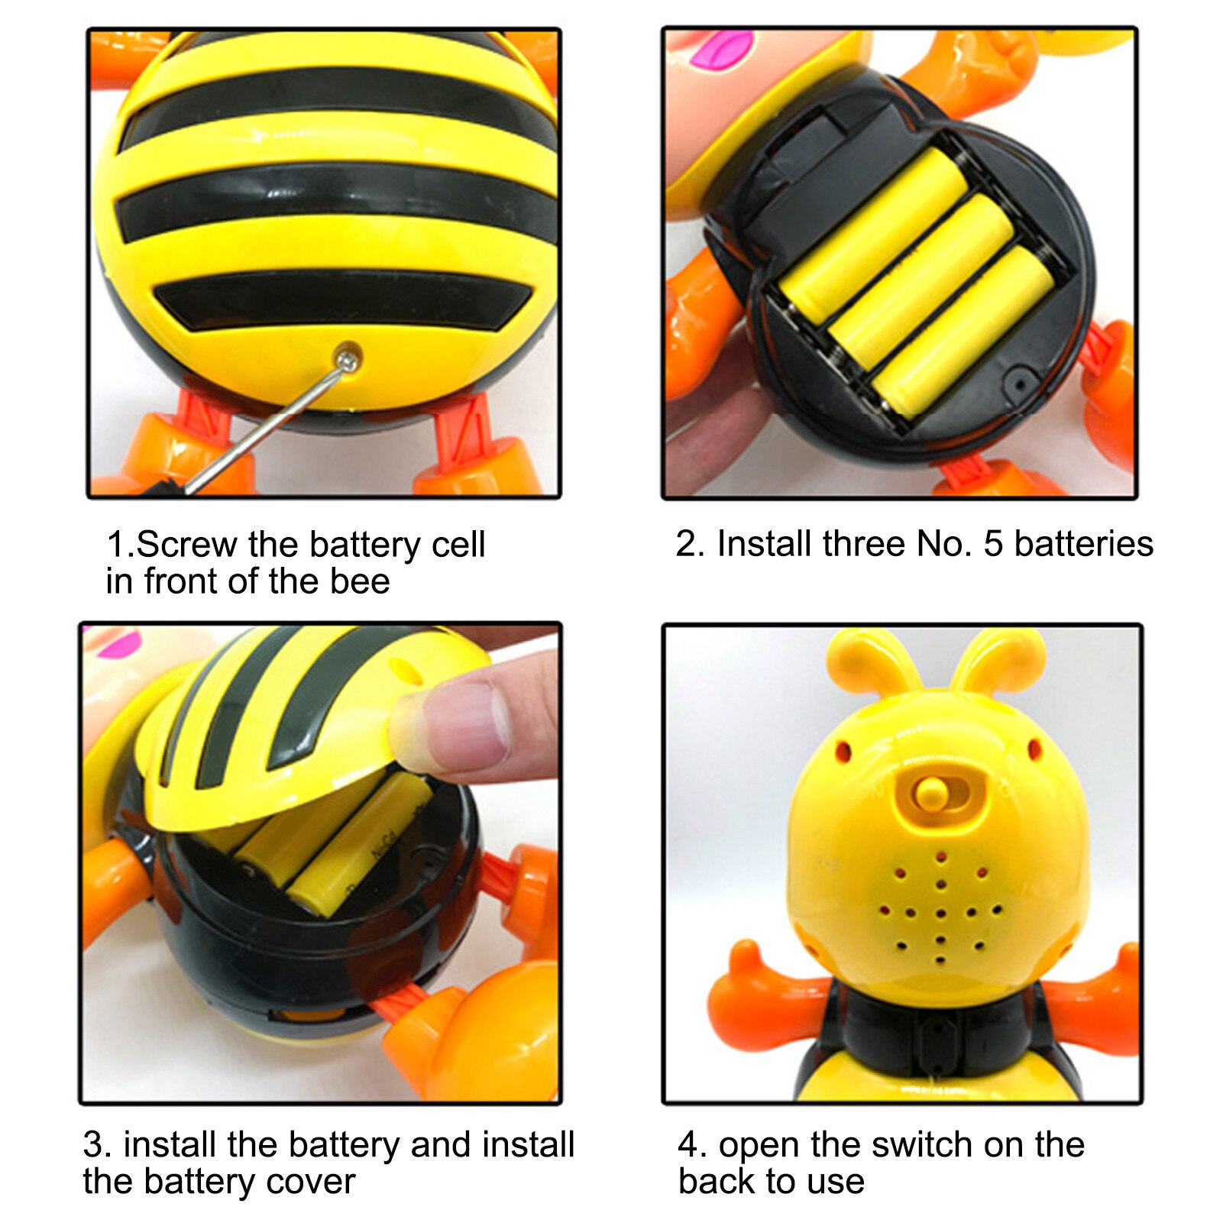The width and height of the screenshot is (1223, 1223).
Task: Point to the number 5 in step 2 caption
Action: click(x=992, y=544)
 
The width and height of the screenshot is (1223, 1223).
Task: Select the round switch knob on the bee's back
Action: click(x=930, y=794)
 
